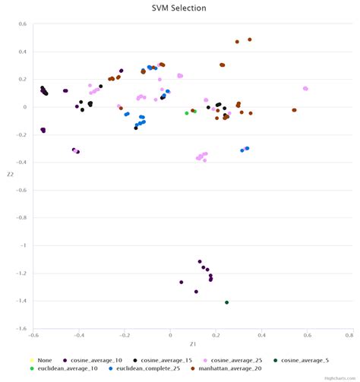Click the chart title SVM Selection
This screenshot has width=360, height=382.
[x=178, y=8]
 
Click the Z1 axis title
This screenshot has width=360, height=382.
[x=193, y=344]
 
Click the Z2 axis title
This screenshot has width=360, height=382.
[x=11, y=175]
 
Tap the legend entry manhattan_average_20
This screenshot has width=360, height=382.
[x=226, y=368]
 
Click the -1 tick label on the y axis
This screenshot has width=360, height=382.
[x=24, y=246]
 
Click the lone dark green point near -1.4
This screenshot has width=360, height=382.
[x=226, y=302]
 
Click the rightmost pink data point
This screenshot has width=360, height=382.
[x=305, y=89]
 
